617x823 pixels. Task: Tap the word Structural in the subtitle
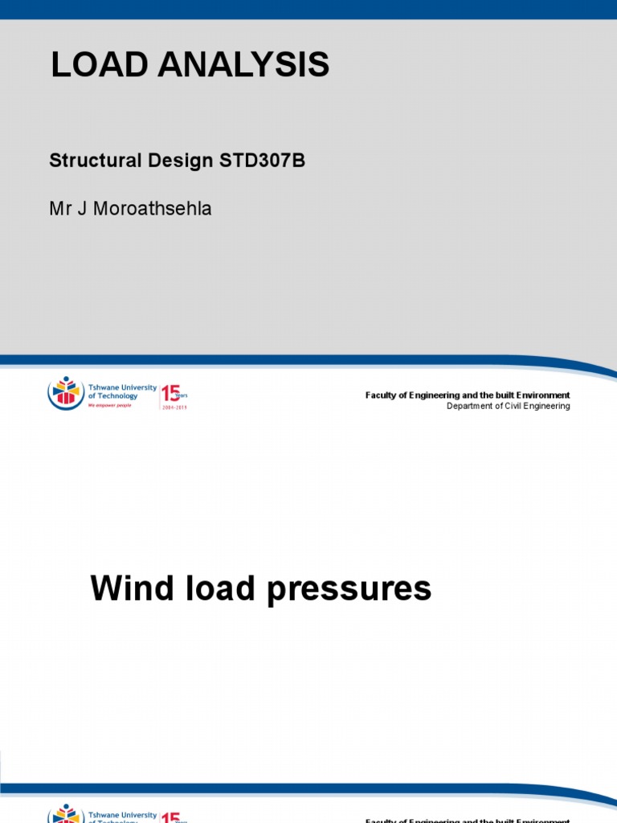coord(93,161)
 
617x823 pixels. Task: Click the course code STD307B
coord(263,161)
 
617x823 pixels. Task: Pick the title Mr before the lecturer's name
coord(60,209)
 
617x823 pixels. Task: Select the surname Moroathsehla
coord(152,209)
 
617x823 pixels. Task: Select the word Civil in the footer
coord(518,406)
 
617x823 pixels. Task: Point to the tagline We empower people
coord(110,405)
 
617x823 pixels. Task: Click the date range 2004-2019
coord(174,407)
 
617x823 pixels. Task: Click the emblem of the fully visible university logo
coord(66,393)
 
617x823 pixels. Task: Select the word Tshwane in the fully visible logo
coord(105,387)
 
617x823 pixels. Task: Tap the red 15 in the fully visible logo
coord(170,393)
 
